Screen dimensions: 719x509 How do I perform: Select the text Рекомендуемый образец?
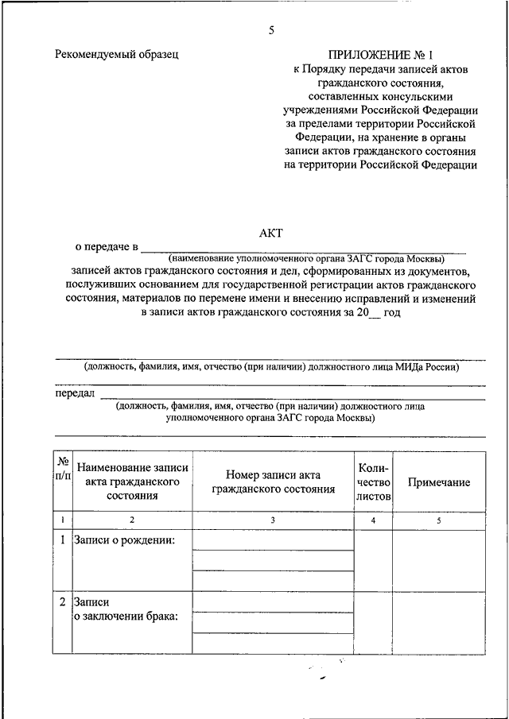pyautogui.click(x=117, y=55)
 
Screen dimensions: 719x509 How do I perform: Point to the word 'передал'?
pyautogui.click(x=75, y=393)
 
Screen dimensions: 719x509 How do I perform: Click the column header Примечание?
pyautogui.click(x=439, y=482)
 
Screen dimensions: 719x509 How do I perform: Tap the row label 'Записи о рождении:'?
pyautogui.click(x=125, y=540)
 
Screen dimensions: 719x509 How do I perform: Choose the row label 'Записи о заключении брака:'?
pyautogui.click(x=125, y=609)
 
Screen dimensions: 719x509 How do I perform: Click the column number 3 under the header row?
pyautogui.click(x=273, y=520)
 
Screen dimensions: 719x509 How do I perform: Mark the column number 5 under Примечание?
pyautogui.click(x=439, y=520)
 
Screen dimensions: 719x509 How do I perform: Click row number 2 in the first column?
pyautogui.click(x=63, y=602)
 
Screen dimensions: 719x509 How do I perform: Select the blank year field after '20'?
pyautogui.click(x=373, y=313)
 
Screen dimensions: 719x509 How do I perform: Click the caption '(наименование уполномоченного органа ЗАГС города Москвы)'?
pyautogui.click(x=306, y=259)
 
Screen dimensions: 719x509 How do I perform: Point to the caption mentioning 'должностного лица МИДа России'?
pyautogui.click(x=272, y=367)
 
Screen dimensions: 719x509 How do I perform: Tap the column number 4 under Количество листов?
pyautogui.click(x=373, y=520)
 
